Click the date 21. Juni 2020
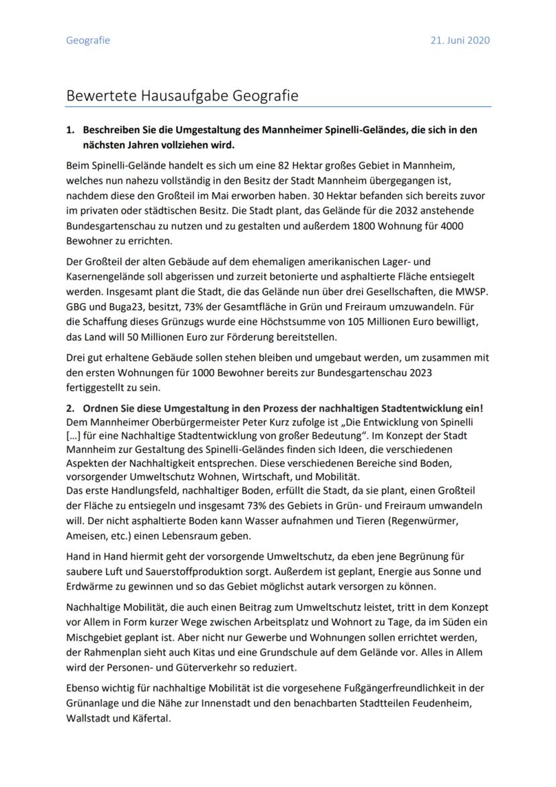(x=460, y=40)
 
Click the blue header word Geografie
(x=88, y=40)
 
